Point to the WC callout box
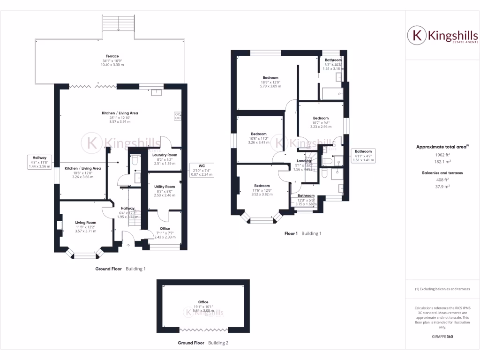[202, 170]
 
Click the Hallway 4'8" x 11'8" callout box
[39, 162]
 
